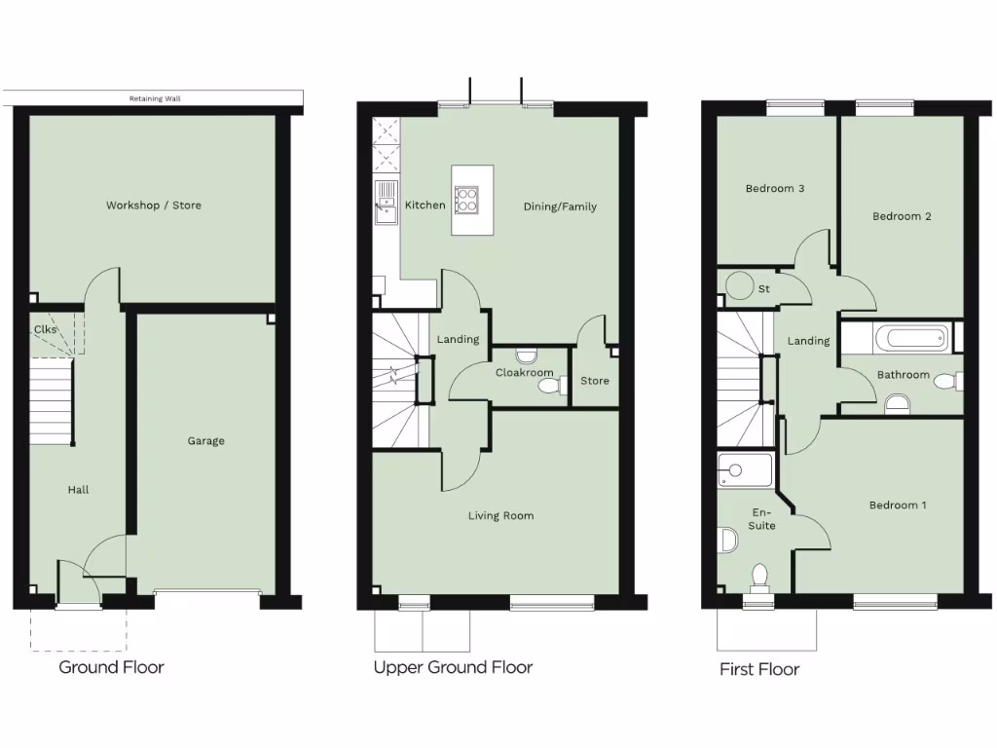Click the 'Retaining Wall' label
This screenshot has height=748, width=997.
pos(155,98)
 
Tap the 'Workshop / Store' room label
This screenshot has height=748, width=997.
pos(154,206)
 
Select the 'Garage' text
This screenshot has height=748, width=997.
pos(205,441)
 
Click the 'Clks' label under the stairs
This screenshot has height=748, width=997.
pos(46,329)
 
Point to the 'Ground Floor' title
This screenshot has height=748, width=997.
pos(111,667)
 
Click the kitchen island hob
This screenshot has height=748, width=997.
pos(466,199)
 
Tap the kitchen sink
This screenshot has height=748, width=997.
pos(386,203)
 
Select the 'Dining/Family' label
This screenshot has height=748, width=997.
pos(560,206)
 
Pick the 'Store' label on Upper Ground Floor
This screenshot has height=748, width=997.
pos(594,381)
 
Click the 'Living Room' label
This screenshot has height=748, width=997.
pos(500,516)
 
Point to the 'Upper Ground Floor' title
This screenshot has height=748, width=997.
pos(453,667)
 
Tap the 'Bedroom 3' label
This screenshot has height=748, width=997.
pos(774,189)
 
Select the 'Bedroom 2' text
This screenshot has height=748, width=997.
pos(902,216)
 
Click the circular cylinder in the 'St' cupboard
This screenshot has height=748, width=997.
pos(741,285)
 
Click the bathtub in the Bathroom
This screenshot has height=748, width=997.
pos(909,339)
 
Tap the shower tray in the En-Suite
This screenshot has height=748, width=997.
pos(745,469)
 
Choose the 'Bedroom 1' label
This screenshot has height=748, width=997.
pos(898,505)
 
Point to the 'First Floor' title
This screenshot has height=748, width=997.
pos(758,669)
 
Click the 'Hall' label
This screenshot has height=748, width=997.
pos(78,490)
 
